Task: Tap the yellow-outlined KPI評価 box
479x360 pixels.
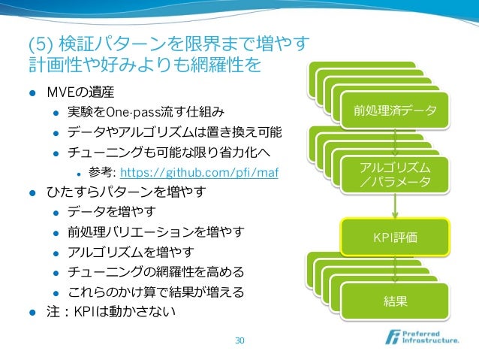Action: (x=396, y=237)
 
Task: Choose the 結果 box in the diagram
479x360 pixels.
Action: (x=396, y=301)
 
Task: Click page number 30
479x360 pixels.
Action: (x=239, y=340)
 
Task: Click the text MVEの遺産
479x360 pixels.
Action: (x=80, y=93)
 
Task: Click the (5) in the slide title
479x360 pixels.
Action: (x=38, y=42)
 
